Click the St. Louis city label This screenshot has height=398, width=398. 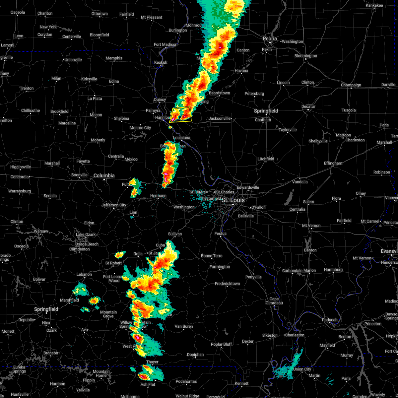[x=233, y=200]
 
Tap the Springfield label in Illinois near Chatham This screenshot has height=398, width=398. [x=266, y=111]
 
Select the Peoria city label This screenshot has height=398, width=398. [x=270, y=39]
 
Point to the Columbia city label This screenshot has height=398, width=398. [x=104, y=175]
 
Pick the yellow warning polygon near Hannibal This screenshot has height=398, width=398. [x=181, y=114]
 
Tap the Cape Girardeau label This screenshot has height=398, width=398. [x=274, y=300]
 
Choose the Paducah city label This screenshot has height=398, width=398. [x=330, y=320]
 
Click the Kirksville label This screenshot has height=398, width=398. [x=89, y=79]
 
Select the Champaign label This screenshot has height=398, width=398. [x=351, y=85]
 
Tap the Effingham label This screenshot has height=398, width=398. [x=333, y=163]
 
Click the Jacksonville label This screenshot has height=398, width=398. [x=219, y=118]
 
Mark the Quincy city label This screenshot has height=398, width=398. [x=160, y=100]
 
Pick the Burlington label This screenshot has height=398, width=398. [x=178, y=30]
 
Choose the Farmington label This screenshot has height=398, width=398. [x=220, y=267]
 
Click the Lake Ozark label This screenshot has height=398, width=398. [x=86, y=234]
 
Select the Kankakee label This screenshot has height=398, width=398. [x=374, y=5]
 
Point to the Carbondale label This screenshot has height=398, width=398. [x=292, y=271]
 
